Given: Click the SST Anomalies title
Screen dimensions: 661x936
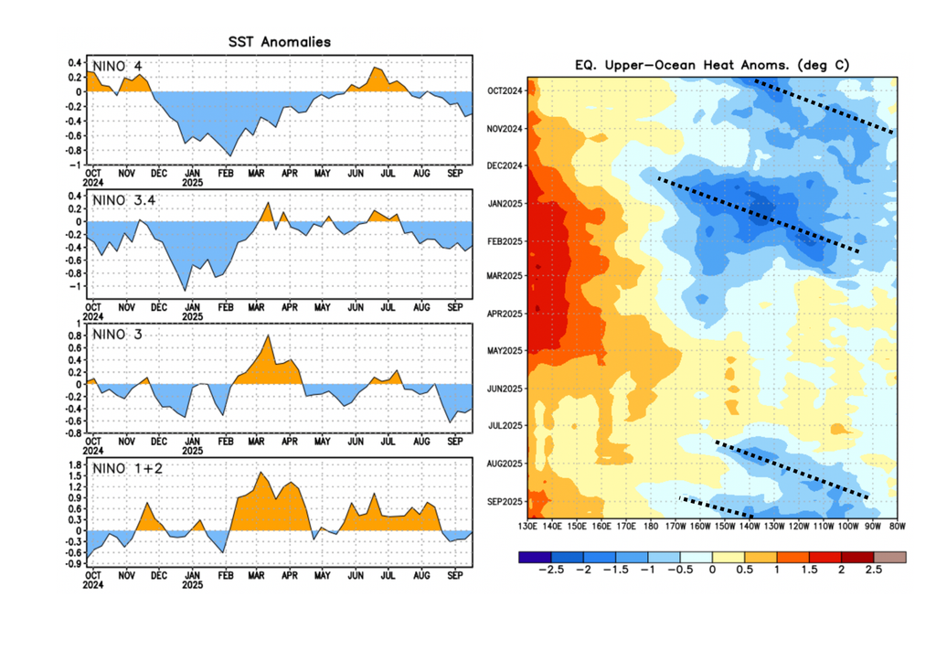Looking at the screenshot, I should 279,42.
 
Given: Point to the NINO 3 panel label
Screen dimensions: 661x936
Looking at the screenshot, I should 120,335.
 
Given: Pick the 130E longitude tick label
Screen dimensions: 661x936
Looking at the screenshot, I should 527,528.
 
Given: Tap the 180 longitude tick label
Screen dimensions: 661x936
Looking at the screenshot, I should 651,528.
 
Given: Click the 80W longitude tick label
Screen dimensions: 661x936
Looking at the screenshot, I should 896,528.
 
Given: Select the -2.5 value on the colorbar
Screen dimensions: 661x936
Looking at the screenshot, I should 546,569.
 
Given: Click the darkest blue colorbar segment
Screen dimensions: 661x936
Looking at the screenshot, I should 532,556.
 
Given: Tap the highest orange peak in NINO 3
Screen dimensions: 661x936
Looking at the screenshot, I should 268,336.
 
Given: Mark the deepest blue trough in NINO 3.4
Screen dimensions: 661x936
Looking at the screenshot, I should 186,290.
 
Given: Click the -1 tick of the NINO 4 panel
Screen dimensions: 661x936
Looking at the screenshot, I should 79,164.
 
